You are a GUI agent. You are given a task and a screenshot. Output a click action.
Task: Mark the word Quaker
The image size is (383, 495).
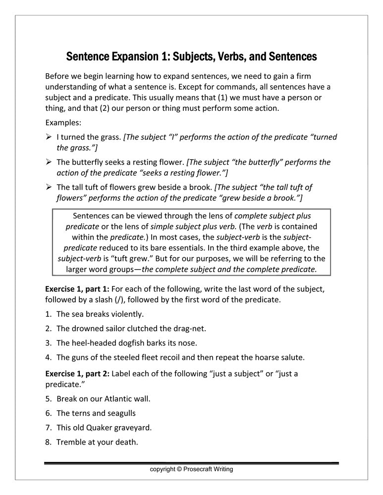tap(103, 427)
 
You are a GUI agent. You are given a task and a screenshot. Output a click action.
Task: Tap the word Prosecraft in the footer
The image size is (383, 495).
tap(198, 469)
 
